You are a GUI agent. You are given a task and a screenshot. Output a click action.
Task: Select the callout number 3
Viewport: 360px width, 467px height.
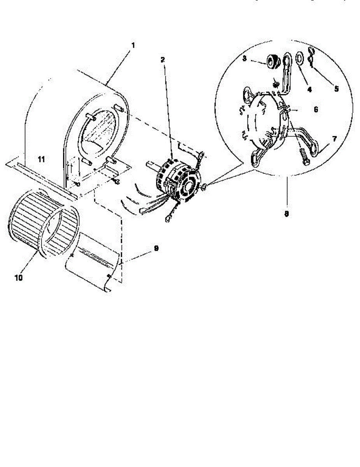click(244, 58)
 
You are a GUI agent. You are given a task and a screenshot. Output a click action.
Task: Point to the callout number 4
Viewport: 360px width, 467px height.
click(309, 89)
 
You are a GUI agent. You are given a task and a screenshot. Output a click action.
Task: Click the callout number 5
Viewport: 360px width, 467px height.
click(336, 88)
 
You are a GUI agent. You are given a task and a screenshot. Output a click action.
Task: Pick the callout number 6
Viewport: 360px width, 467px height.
click(316, 110)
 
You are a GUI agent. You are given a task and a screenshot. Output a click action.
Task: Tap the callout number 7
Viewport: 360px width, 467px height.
click(334, 139)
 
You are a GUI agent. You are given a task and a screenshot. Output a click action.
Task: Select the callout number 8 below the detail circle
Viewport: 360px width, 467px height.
click(286, 214)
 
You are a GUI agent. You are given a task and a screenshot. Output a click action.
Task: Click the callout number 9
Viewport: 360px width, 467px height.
click(156, 248)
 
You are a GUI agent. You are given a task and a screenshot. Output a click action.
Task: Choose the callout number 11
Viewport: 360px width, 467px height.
click(41, 159)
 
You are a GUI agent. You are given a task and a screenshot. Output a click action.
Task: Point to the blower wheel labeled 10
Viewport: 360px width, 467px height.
click(43, 226)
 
